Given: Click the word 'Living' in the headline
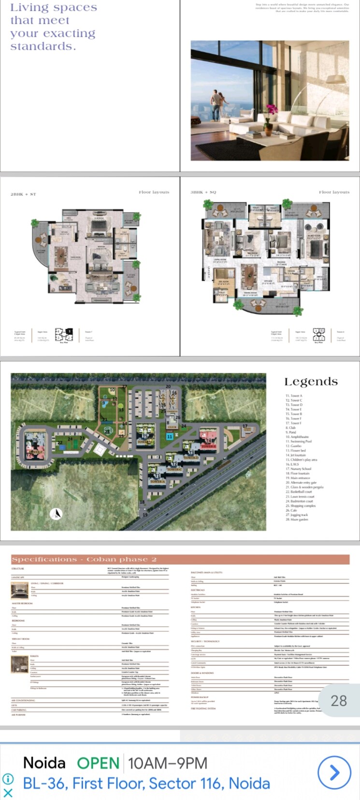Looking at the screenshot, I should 27,8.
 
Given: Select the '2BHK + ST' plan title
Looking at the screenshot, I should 23,194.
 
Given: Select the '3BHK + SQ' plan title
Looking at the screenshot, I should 203,192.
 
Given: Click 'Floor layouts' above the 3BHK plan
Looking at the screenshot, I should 334,192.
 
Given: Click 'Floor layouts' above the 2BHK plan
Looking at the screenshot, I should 154,192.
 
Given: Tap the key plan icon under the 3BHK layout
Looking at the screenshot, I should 319,334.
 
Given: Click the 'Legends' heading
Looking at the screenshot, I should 311,382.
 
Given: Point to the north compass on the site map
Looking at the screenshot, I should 57,514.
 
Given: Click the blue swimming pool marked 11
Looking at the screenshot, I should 170,436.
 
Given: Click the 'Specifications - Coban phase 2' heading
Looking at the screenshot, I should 84,559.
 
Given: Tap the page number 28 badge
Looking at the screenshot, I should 339,700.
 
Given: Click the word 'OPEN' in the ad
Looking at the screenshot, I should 98,763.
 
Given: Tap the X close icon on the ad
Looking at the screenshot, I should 8,792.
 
